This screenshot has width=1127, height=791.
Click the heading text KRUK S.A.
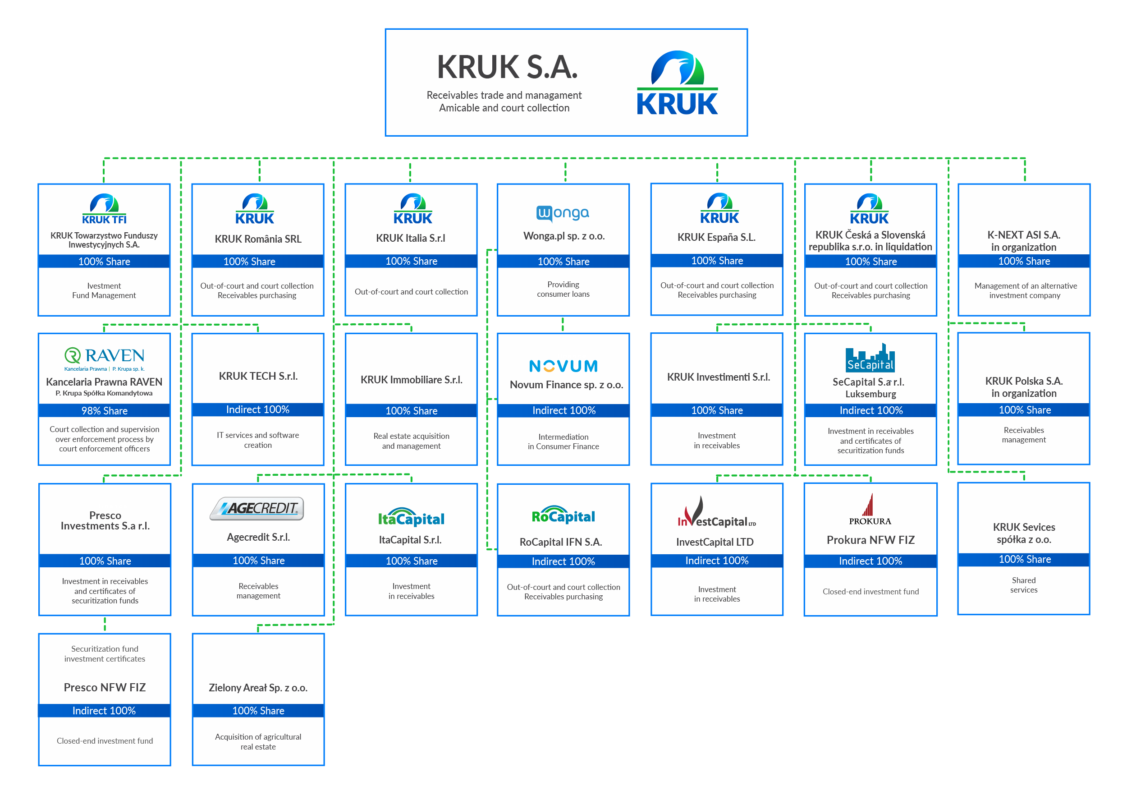pyautogui.click(x=507, y=67)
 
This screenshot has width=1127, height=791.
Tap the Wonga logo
pyautogui.click(x=563, y=213)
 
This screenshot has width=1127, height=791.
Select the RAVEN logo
pyautogui.click(x=104, y=359)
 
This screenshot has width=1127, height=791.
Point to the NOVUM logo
pyautogui.click(x=563, y=366)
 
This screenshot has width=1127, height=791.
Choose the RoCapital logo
pyautogui.click(x=563, y=515)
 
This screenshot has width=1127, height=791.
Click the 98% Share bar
pyautogui.click(x=105, y=410)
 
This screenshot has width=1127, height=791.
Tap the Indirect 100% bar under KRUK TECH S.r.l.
pyautogui.click(x=258, y=409)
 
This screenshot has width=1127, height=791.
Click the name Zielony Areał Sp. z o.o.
pyautogui.click(x=258, y=687)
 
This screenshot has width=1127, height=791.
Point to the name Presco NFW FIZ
pyautogui.click(x=105, y=687)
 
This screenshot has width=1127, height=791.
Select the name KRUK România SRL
pyautogui.click(x=258, y=239)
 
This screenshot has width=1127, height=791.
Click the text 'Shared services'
pyautogui.click(x=1023, y=585)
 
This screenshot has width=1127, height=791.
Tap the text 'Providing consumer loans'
pyautogui.click(x=563, y=289)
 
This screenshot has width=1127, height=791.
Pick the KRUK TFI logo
pyautogui.click(x=104, y=209)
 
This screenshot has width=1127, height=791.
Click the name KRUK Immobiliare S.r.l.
pyautogui.click(x=411, y=380)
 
